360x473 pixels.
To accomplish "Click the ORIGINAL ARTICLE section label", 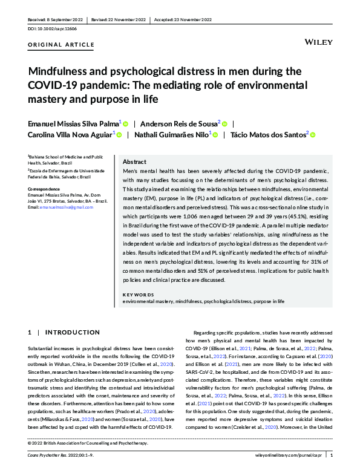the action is pos(61,45).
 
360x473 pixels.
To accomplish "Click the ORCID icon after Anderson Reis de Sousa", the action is pos(225,123).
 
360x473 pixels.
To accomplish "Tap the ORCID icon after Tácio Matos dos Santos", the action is pos(313,135).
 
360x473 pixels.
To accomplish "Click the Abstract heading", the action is pos(134,162).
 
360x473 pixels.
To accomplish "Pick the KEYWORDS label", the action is pos(139,295).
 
